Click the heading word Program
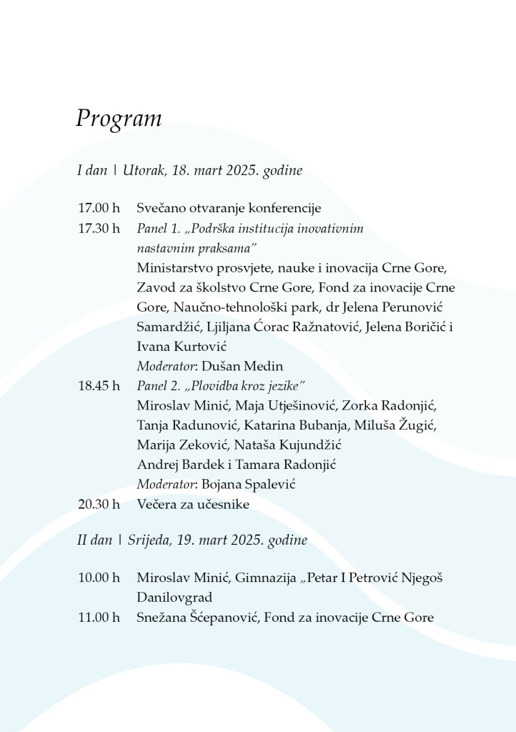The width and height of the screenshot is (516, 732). coord(119,118)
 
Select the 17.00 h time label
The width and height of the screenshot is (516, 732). coord(99,209)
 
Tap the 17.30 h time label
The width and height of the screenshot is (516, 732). coord(99,229)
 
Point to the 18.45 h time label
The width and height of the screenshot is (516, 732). coord(99,386)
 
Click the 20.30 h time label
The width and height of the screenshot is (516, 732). coord(99,504)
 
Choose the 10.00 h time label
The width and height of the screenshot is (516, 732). coord(99,578)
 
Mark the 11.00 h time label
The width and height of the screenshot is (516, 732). coord(99,618)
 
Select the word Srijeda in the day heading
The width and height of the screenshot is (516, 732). coord(149,540)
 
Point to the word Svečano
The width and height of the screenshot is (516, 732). coord(161,209)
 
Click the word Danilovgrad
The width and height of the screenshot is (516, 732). coord(174,598)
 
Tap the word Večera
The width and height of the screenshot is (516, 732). coord(157,504)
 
